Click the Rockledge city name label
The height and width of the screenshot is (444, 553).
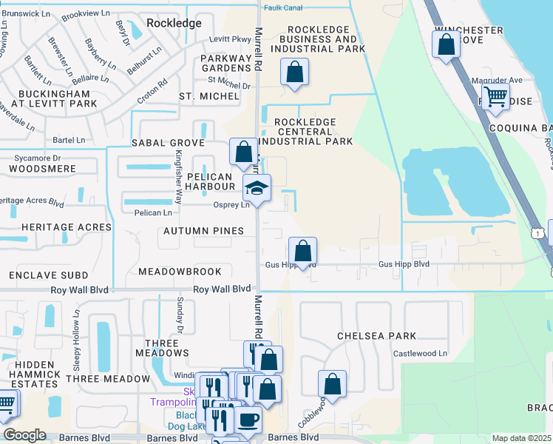174,23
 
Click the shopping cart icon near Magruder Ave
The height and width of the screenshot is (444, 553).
495,95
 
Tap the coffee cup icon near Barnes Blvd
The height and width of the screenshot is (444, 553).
248,420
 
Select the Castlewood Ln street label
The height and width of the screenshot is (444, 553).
420,354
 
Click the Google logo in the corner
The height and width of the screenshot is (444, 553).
24,435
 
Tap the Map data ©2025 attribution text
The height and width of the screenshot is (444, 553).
520,438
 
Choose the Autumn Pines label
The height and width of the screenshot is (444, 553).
204,231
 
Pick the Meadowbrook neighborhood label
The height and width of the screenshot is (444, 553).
180,272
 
